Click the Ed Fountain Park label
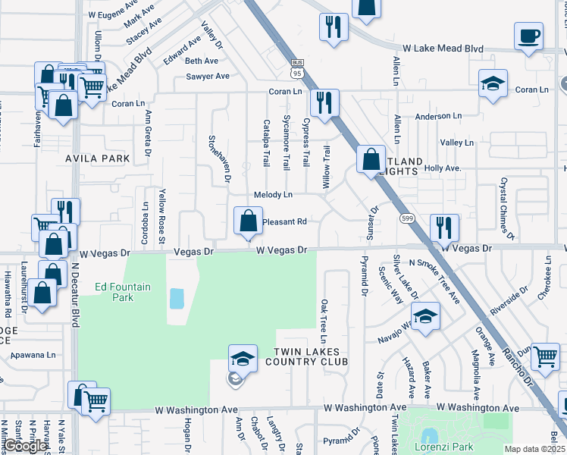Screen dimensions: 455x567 (123, 292)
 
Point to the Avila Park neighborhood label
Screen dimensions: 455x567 (98, 159)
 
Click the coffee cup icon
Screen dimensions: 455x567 (528, 36)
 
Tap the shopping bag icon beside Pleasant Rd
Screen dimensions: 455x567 (248, 222)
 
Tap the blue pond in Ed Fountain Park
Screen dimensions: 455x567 (177, 298)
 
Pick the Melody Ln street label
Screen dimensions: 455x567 (273, 195)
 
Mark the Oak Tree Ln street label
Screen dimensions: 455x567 (324, 318)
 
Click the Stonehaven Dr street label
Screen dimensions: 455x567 (226, 158)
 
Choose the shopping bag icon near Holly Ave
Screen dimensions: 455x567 (371, 161)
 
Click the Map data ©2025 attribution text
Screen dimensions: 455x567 (534, 449)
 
